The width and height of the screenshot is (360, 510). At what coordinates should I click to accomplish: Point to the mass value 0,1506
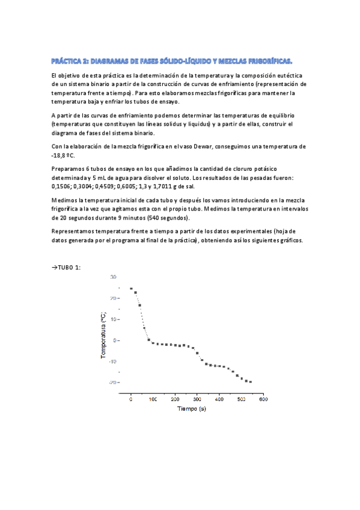[62, 186]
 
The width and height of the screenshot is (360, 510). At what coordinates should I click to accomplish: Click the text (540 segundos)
[167, 218]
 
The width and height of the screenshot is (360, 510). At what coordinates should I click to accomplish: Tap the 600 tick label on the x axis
[263, 399]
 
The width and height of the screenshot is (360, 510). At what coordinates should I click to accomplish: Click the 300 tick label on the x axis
[197, 399]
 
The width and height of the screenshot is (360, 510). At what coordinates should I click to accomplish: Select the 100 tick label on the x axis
[153, 399]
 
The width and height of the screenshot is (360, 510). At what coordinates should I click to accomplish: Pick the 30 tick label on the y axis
[113, 277]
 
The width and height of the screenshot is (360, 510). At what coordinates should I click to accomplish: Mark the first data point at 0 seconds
[131, 289]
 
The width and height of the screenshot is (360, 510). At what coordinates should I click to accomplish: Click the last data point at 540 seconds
[250, 382]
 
